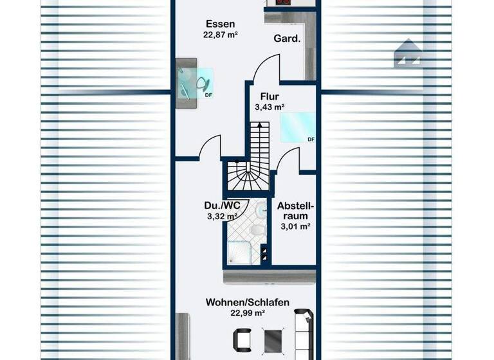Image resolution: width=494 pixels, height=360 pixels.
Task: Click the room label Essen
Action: pyautogui.click(x=216, y=25)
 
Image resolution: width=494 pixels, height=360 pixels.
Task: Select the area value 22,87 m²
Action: pyautogui.click(x=216, y=36)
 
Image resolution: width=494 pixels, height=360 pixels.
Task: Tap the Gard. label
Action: pyautogui.click(x=287, y=39)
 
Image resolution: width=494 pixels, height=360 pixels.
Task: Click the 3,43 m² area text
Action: pyautogui.click(x=269, y=107)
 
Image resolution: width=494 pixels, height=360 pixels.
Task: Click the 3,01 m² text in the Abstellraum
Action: pyautogui.click(x=295, y=226)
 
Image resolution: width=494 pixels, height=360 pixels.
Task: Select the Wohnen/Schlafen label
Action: pyautogui.click(x=248, y=302)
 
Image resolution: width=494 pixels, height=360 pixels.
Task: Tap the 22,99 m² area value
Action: pyautogui.click(x=248, y=313)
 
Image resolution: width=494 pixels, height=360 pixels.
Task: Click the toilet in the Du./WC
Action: pyautogui.click(x=257, y=231)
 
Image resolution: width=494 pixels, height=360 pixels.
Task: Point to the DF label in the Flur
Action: pyautogui.click(x=311, y=139)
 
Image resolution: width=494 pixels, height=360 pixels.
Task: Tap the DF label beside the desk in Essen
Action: pyautogui.click(x=208, y=95)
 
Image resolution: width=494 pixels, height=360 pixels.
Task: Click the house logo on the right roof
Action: pyautogui.click(x=407, y=53)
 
